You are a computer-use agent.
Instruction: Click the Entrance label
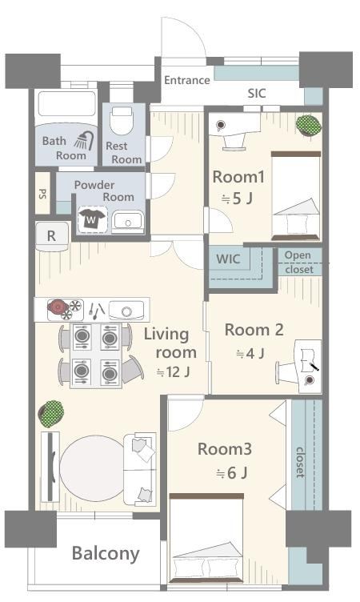187,80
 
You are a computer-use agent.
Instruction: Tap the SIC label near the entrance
256,94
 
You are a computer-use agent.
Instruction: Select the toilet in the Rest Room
122,121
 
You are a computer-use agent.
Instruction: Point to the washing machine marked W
92,219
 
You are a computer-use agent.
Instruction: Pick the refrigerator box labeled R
52,235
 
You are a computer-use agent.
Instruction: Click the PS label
42,193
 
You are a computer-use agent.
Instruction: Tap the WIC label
228,259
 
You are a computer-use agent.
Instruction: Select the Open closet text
299,263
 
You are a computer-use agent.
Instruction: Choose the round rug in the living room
93,468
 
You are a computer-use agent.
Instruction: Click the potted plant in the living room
51,413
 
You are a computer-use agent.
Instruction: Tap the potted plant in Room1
309,125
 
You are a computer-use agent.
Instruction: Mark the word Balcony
106,554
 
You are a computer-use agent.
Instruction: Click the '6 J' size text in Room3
231,473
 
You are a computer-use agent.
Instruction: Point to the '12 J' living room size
173,371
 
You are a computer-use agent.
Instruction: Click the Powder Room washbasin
127,222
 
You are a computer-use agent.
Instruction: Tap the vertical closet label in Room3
300,462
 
